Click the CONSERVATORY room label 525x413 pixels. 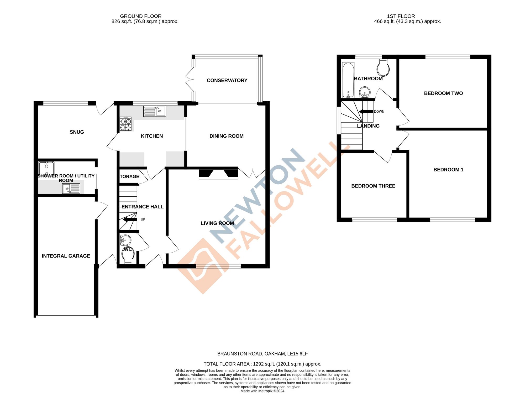(227, 80)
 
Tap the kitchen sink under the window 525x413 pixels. (155, 111)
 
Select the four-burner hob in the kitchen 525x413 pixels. (125, 124)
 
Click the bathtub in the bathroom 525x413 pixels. (348, 80)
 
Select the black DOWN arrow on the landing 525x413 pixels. (366, 112)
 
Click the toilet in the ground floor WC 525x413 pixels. (128, 255)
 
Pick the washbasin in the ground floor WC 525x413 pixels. (125, 240)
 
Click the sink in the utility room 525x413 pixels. (71, 189)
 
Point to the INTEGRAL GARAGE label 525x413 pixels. (66, 256)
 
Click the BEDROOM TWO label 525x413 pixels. (443, 93)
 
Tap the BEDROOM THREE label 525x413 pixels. (373, 186)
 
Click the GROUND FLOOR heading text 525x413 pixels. (141, 16)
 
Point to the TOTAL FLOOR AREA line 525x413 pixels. (262, 364)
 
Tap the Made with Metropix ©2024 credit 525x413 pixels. (262, 391)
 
